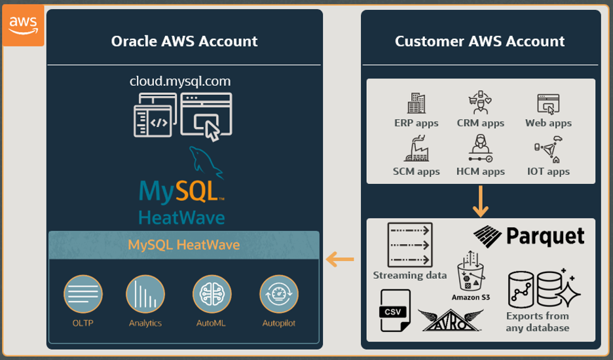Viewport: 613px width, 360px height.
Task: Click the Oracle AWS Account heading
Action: [x=184, y=41]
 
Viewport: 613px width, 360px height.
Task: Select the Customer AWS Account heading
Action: [x=479, y=41]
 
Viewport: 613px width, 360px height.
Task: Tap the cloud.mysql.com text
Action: [x=180, y=82]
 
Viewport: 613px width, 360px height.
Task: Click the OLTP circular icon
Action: [x=83, y=294]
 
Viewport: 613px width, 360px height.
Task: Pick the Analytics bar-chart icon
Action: [x=145, y=294]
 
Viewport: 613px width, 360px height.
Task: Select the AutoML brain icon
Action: [x=212, y=294]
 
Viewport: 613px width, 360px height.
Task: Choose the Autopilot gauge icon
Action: [x=279, y=294]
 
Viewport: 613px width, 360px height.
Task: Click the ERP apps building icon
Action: [x=417, y=103]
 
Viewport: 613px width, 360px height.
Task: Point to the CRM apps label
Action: [x=480, y=123]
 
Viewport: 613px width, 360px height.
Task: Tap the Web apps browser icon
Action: [x=548, y=103]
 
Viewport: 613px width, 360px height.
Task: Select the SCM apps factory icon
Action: [x=417, y=149]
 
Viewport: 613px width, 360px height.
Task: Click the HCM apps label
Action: [x=480, y=171]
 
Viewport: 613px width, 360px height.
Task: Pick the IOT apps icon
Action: [x=548, y=149]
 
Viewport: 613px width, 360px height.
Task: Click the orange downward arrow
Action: [x=481, y=201]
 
